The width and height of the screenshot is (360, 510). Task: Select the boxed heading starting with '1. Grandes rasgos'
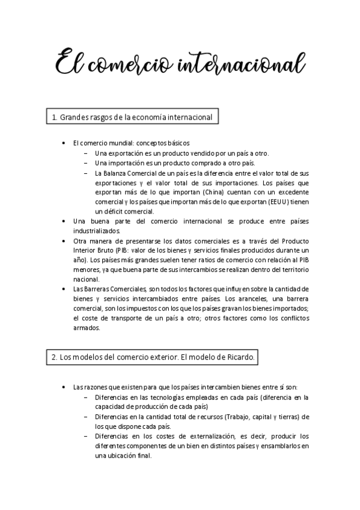coord(132,117)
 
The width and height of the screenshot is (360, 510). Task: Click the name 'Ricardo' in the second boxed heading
coord(239,357)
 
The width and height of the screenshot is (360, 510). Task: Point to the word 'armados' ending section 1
coord(86,328)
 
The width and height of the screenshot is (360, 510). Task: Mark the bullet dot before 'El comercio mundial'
coord(64,144)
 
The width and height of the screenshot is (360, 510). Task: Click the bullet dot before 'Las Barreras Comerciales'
coord(64,289)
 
